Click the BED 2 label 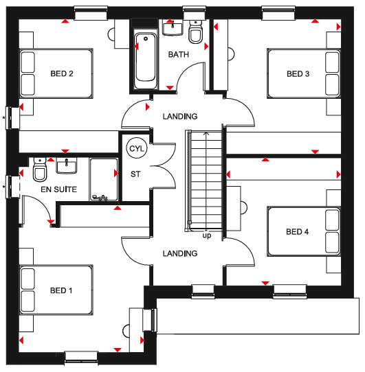tap(62, 74)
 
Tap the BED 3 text tap(298, 74)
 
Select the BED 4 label tap(297, 231)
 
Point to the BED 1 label tap(61, 290)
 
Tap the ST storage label tap(135, 174)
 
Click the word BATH tap(179, 55)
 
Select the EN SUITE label tap(58, 189)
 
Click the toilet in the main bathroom tap(195, 32)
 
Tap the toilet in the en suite tap(40, 170)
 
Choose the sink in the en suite tap(67, 166)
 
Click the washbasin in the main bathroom tap(173, 28)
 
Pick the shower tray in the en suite tap(104, 180)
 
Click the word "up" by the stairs tap(207, 235)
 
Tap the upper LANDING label tap(180, 116)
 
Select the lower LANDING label tap(180, 253)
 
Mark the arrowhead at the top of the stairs tap(206, 134)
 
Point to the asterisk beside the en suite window tap(4, 187)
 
